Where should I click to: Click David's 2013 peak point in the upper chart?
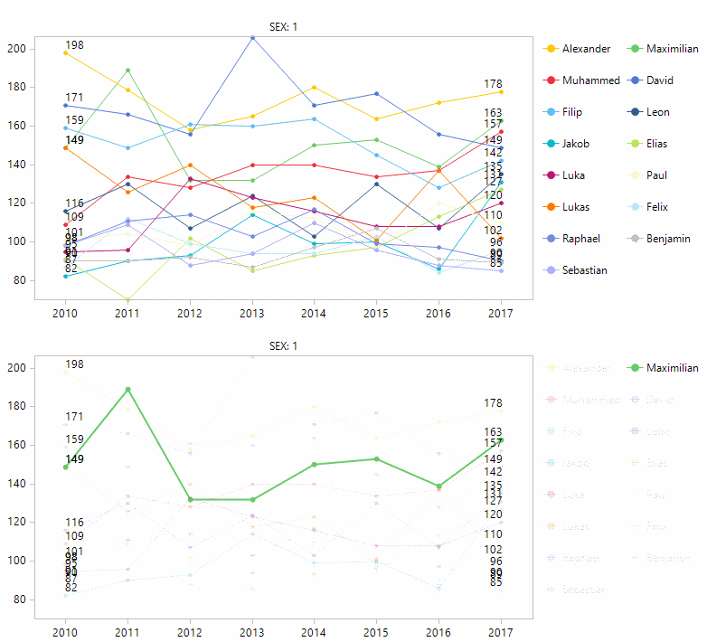(x=251, y=38)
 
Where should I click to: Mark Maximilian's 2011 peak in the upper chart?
(x=127, y=70)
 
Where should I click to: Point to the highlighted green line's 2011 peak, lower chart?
(x=127, y=389)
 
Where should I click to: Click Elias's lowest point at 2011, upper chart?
(x=127, y=299)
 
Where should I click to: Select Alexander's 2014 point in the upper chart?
(x=314, y=88)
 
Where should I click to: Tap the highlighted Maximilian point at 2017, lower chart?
(x=501, y=439)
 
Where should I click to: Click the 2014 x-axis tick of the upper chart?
(x=314, y=313)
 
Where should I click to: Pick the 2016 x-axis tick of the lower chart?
(x=438, y=632)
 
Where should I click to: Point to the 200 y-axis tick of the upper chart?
(x=18, y=49)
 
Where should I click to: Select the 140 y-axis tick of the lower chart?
(x=18, y=484)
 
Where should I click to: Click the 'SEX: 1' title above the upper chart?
(x=283, y=27)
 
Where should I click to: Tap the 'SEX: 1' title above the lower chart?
(x=283, y=346)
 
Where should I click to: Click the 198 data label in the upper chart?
(x=74, y=45)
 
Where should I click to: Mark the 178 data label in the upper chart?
(x=493, y=84)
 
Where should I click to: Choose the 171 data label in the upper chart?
(x=74, y=98)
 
